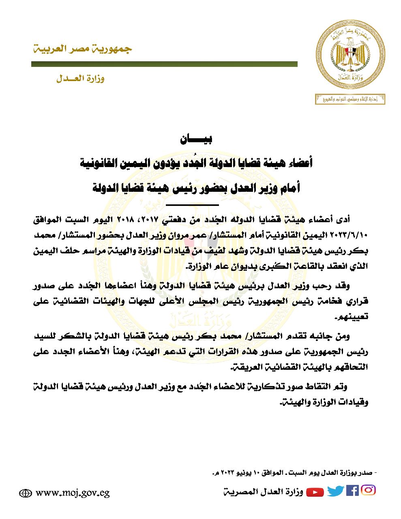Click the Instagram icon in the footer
pos(368,490)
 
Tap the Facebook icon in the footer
pos(352,491)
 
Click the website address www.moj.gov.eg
pos(73,493)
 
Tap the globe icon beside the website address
pos(26,493)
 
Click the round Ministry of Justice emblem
pos(351,58)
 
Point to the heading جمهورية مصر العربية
pos(82,49)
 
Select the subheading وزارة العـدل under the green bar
pos(80,79)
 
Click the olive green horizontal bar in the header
pos(164,64)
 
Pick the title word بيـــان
pos(197,140)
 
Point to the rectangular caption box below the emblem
pos(350,99)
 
